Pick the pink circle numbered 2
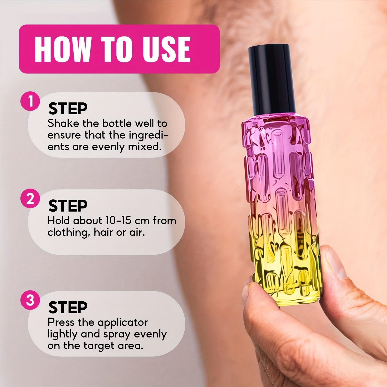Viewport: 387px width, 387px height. pyautogui.click(x=30, y=199)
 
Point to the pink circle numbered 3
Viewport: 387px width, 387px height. pyautogui.click(x=30, y=300)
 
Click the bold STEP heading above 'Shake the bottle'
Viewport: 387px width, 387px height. pyautogui.click(x=68, y=109)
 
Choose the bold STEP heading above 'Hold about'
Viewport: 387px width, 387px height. pyautogui.click(x=68, y=206)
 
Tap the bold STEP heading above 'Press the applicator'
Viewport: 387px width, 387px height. pyautogui.click(x=68, y=307)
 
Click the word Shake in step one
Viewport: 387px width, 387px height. pyautogui.click(x=63, y=123)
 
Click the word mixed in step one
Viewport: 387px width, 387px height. pyautogui.click(x=144, y=147)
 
